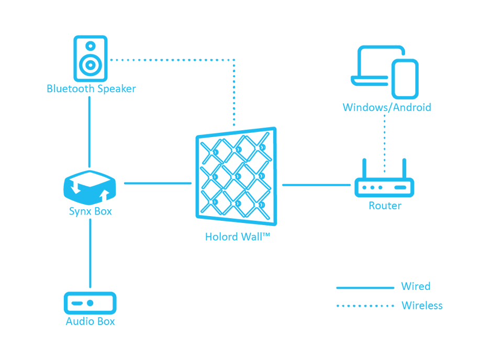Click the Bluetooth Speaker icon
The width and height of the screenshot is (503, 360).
click(91, 59)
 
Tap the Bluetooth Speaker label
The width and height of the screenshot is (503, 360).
click(92, 89)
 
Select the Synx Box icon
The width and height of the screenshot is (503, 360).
click(90, 187)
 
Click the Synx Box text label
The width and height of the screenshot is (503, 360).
click(91, 211)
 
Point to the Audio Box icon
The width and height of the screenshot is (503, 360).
click(90, 303)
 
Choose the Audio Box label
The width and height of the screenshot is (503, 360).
click(90, 321)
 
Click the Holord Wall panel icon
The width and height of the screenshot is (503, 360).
click(237, 176)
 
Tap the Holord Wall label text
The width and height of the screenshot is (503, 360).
click(238, 237)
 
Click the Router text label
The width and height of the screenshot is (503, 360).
click(385, 206)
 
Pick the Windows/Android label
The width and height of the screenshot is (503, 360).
click(387, 107)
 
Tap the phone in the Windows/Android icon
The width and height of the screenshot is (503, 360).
click(405, 79)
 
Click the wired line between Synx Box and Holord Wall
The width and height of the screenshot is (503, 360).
click(158, 183)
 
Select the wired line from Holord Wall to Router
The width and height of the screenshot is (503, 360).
click(316, 185)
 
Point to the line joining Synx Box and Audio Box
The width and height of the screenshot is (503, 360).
click(90, 253)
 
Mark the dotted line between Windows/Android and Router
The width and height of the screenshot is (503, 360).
click(385, 143)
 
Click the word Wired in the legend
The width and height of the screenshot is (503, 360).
click(416, 286)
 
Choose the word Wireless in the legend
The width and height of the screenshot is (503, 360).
click(422, 306)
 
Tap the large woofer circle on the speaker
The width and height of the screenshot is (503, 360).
click(91, 65)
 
